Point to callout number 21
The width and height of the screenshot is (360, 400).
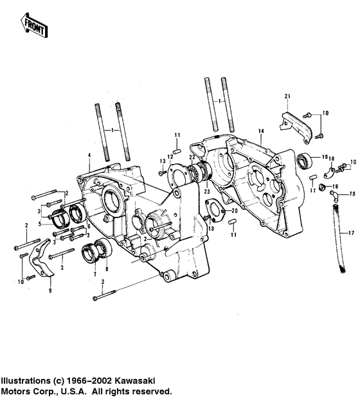point(287,96)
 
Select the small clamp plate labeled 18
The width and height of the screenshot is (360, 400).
point(329,172)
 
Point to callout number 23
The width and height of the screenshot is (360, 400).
point(208,190)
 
